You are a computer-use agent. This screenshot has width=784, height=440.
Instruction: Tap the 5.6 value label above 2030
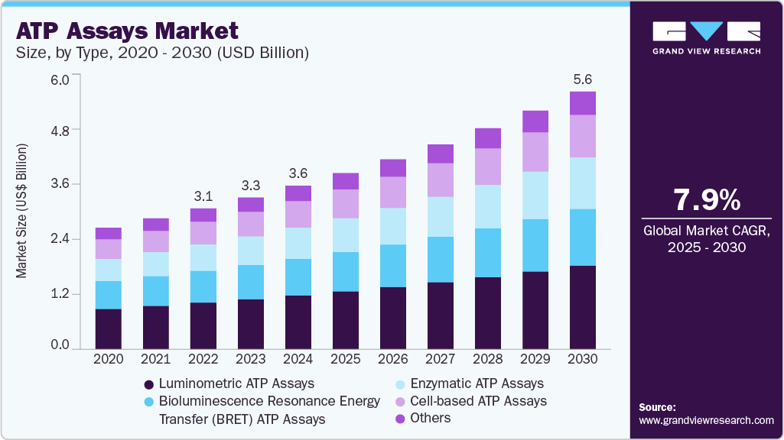[583, 79]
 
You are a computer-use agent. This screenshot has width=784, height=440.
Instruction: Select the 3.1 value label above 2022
[203, 196]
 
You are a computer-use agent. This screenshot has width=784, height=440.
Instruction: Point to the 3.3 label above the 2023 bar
[251, 185]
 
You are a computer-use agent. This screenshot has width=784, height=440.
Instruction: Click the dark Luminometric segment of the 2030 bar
[583, 307]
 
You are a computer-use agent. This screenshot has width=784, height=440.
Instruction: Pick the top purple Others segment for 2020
[108, 233]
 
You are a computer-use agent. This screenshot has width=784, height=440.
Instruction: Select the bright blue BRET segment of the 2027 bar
[441, 260]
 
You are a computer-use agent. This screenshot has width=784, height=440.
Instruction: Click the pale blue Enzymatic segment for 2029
[535, 196]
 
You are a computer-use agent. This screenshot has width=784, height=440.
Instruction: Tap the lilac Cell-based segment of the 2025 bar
[346, 204]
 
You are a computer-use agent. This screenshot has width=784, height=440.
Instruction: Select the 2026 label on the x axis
[393, 359]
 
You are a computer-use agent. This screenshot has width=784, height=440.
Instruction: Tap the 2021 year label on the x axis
[155, 359]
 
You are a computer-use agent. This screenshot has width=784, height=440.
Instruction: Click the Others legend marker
[400, 418]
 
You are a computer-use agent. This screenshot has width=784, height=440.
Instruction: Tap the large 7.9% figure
[707, 200]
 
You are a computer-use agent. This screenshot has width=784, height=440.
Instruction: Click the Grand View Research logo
[707, 37]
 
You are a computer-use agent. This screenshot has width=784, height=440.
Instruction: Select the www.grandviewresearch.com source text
[706, 420]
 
